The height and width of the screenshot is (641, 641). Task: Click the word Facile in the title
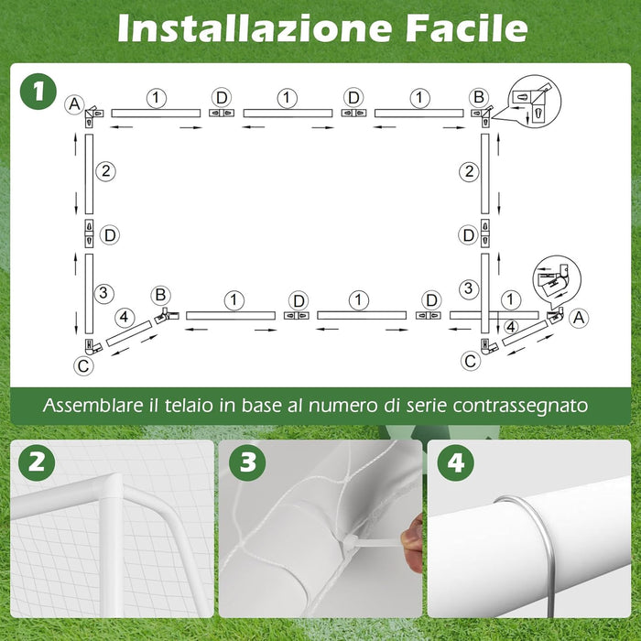(467, 27)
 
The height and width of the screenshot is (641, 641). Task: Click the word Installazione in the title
(255, 27)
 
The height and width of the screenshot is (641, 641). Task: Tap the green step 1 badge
(38, 91)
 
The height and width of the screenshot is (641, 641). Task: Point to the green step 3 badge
(248, 462)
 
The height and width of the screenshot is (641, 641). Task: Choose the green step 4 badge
(456, 462)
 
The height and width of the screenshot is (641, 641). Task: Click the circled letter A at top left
(74, 103)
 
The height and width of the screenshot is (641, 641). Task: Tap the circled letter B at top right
(479, 97)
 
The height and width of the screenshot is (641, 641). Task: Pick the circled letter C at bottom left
(83, 365)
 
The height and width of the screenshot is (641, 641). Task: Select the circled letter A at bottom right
(579, 318)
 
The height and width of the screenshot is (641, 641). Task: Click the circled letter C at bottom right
(471, 362)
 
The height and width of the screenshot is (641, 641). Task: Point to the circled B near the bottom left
(160, 295)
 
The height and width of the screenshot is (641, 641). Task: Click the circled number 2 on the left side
(106, 171)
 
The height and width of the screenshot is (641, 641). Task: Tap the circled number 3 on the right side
(469, 288)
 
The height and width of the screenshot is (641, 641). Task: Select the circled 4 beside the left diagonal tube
(125, 317)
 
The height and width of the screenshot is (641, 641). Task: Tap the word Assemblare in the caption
(93, 405)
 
